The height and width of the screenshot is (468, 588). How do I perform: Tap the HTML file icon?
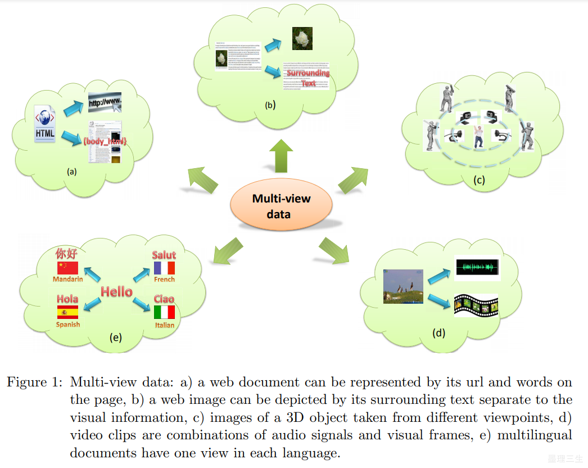[45, 123]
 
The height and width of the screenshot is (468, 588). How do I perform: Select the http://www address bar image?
[104, 103]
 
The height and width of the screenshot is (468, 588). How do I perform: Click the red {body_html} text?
[105, 143]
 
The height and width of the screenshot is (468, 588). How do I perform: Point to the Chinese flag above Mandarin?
[66, 268]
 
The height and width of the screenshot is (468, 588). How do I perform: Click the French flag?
[164, 268]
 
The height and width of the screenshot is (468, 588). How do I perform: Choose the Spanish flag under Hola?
[67, 313]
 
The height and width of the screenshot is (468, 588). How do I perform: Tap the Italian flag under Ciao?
[164, 313]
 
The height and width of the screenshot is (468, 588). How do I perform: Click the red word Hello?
[116, 291]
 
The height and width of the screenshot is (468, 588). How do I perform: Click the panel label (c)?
[478, 181]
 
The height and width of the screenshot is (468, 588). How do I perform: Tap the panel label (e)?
[115, 337]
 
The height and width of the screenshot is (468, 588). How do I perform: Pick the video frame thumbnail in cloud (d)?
[402, 286]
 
